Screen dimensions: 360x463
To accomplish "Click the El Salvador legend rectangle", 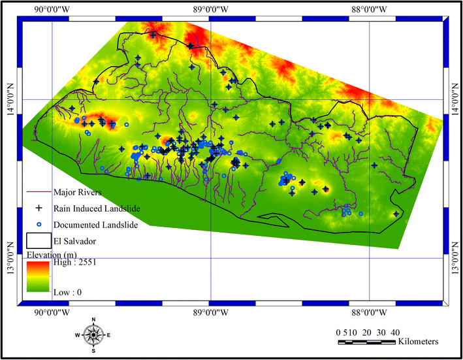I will click(39, 241).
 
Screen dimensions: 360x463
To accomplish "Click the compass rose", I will click(93, 335).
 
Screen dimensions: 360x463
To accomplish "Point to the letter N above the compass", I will click(94, 319).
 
